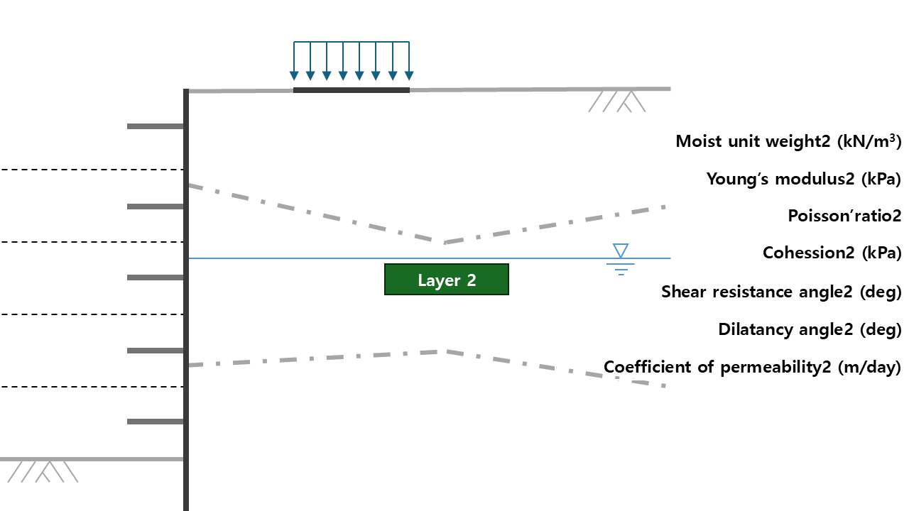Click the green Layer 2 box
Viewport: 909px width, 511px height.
[x=446, y=280]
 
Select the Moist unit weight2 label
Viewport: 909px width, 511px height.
[x=788, y=141]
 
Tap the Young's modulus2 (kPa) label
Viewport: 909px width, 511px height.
[x=803, y=179]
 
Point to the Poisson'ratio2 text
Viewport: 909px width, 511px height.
[x=844, y=216]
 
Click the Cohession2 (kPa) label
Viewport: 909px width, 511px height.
[x=832, y=253]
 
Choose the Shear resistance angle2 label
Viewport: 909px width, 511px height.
[x=781, y=292]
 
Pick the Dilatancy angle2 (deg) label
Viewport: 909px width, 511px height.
[x=810, y=329]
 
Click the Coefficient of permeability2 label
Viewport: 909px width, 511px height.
[x=752, y=367]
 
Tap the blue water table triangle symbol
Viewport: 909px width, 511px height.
[x=621, y=251]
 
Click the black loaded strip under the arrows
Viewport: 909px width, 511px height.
[x=352, y=90]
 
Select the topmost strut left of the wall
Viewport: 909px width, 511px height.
[x=156, y=126]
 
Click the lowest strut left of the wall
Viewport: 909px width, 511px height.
[x=156, y=422]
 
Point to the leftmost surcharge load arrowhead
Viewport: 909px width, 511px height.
[x=294, y=75]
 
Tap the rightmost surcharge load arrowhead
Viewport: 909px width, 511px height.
[x=408, y=75]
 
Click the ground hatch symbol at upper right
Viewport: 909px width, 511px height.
[x=617, y=101]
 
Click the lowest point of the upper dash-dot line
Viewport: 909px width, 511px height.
[x=445, y=243]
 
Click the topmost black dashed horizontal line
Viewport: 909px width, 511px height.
[x=92, y=170]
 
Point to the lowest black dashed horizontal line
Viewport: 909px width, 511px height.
[x=92, y=387]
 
